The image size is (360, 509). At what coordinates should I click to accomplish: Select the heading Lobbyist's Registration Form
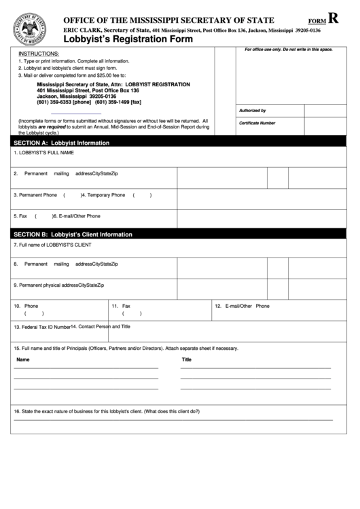pyautogui.click(x=128, y=40)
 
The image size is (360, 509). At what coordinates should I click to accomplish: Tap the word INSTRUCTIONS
pyautogui.click(x=39, y=53)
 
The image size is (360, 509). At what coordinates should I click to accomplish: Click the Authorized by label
pyautogui.click(x=252, y=110)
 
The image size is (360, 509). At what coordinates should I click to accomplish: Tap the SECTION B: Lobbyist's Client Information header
pyautogui.click(x=73, y=234)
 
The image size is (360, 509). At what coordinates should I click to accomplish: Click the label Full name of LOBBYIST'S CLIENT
pyautogui.click(x=52, y=243)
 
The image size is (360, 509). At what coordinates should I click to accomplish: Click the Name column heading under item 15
pyautogui.click(x=23, y=359)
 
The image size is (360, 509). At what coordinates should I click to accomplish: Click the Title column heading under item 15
pyautogui.click(x=187, y=359)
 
